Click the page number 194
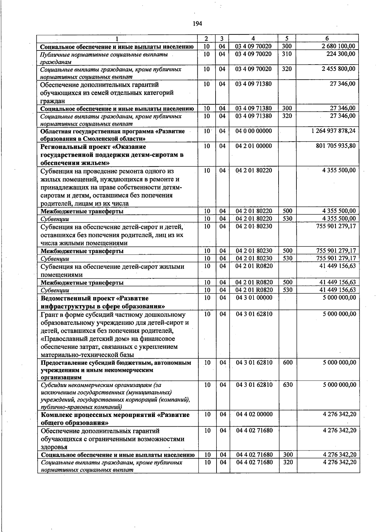[197, 24]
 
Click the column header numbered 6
[327, 39]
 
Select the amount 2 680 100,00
[338, 46]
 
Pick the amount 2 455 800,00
[338, 69]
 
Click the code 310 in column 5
[287, 54]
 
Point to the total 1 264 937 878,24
[333, 131]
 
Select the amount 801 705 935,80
[336, 146]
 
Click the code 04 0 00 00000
[253, 131]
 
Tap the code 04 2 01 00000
[253, 146]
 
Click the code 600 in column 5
[288, 362]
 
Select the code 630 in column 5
[288, 385]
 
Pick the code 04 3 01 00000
[254, 298]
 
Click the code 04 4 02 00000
[254, 414]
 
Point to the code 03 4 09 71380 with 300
[253, 108]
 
